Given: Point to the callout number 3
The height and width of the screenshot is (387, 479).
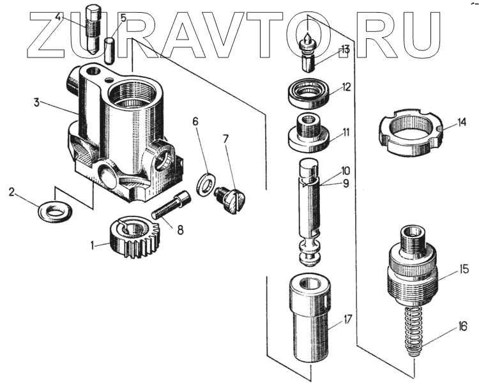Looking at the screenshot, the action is [37, 102].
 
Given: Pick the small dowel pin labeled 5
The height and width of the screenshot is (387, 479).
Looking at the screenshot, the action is [110, 50].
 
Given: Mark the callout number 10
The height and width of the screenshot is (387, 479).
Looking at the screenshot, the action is [346, 171].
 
